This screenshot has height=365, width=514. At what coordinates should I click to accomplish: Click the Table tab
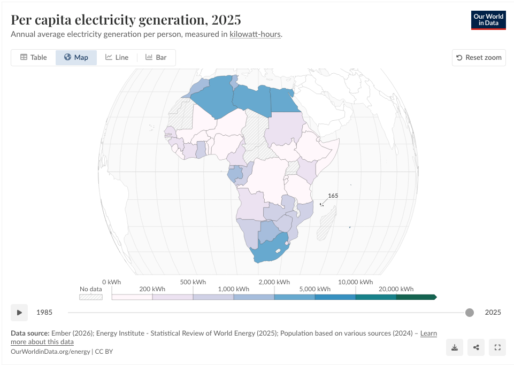34,57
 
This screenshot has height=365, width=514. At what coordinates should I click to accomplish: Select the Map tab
76,57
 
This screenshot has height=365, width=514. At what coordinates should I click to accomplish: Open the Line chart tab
117,57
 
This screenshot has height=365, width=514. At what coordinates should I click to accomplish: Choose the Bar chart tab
156,57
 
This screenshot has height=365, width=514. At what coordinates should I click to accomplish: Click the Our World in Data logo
488,20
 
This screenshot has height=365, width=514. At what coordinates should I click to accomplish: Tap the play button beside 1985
19,313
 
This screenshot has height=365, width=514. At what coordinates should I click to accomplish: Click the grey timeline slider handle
470,313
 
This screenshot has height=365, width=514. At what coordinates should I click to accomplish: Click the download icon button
455,347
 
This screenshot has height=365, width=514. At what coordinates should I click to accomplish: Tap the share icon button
476,347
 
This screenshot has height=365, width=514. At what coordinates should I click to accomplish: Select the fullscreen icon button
497,347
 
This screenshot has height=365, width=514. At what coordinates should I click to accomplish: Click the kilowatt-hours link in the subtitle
255,34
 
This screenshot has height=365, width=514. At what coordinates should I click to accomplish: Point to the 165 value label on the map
333,196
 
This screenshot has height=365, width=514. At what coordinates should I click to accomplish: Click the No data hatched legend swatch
91,297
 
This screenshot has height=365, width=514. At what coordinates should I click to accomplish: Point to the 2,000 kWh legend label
274,282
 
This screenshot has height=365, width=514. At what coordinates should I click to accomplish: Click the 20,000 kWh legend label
396,289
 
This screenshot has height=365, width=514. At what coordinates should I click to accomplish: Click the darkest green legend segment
416,297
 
